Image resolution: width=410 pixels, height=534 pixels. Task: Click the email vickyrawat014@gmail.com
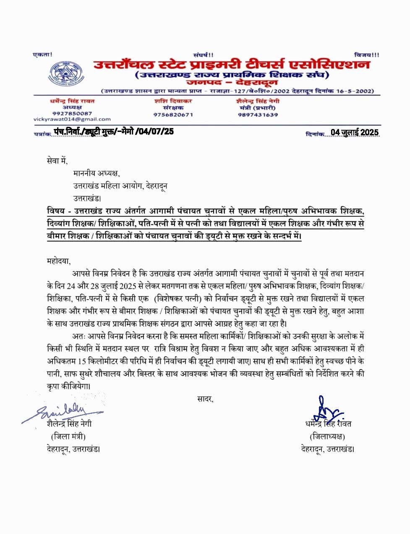(72, 119)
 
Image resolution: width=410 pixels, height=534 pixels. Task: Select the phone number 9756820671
(173, 114)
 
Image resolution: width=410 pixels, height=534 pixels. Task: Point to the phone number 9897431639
(258, 114)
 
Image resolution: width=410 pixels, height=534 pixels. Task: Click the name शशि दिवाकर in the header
(173, 101)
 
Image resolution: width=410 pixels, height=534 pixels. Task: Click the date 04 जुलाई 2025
(355, 132)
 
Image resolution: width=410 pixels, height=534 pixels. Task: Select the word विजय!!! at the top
(366, 55)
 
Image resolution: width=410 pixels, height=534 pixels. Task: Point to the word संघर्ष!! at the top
(203, 55)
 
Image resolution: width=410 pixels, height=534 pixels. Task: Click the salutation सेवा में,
(57, 160)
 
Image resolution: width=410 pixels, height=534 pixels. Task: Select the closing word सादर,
(205, 399)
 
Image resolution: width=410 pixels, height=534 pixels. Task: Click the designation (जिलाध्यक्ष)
(327, 436)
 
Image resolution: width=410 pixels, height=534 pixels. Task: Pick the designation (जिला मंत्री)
(68, 436)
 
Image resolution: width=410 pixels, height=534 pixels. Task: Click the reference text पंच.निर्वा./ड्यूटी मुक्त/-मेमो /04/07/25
(114, 132)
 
